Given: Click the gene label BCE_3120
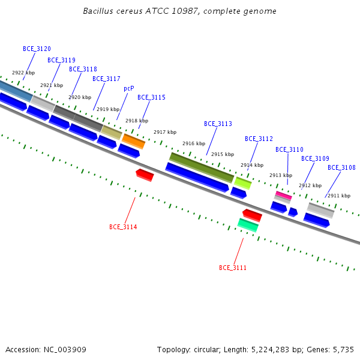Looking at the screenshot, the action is [37, 49].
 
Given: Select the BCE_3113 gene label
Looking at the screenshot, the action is [218, 124].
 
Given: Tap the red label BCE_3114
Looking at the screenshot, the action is [123, 227].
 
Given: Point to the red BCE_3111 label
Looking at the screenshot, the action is [233, 268].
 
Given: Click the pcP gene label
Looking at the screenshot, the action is [129, 88].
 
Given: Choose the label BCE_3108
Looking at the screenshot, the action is [341, 167].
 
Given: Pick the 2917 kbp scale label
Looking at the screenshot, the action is [165, 132].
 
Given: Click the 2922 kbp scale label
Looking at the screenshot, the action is [23, 73].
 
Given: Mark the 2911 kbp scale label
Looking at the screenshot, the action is [339, 196].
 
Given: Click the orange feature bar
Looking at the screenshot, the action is [133, 141].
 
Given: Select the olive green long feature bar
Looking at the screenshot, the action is [202, 167].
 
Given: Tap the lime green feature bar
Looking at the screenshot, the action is [243, 183].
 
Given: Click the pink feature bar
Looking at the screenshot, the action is [284, 195].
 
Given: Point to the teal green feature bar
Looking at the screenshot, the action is [248, 225].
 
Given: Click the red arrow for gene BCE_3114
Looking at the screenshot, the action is [145, 175].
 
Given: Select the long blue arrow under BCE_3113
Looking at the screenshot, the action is [197, 177].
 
